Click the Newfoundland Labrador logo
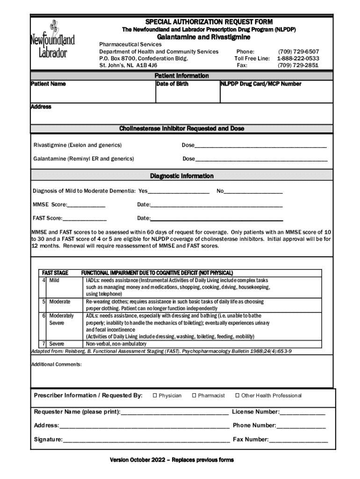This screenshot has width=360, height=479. [x=50, y=40]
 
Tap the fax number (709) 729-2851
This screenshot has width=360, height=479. [x=298, y=65]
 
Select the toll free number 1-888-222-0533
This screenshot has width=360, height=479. [x=298, y=58]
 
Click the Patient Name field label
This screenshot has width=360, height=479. [x=48, y=84]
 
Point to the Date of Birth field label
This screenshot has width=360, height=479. [x=173, y=84]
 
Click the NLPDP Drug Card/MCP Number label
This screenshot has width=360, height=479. [x=261, y=84]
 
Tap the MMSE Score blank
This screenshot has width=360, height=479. [x=86, y=206]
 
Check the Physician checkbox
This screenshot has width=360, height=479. [x=155, y=396]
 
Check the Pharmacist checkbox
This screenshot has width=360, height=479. [x=194, y=396]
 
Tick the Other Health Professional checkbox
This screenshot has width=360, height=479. [x=237, y=396]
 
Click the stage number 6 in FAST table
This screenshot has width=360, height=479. [x=44, y=316]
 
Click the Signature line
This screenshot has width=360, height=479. [x=146, y=441]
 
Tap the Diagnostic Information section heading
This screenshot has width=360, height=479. [x=182, y=176]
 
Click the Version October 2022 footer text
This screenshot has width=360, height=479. [x=172, y=460]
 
